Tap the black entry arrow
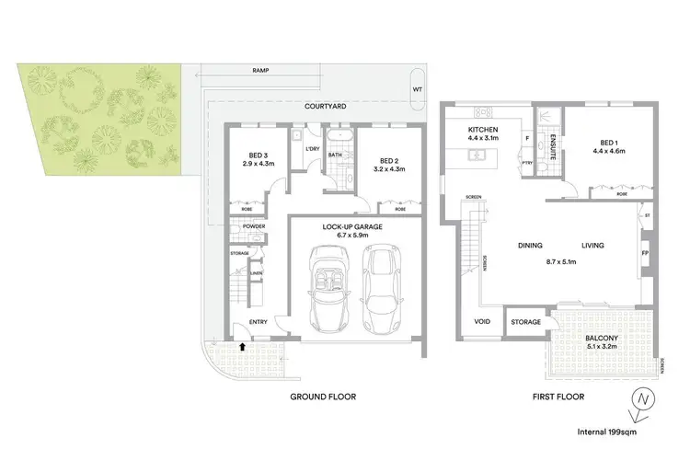(242, 347)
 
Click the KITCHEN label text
(483, 131)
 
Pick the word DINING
(530, 246)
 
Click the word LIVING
(593, 246)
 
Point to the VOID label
(482, 322)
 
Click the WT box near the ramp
(417, 89)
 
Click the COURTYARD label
(324, 107)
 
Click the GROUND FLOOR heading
(322, 397)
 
